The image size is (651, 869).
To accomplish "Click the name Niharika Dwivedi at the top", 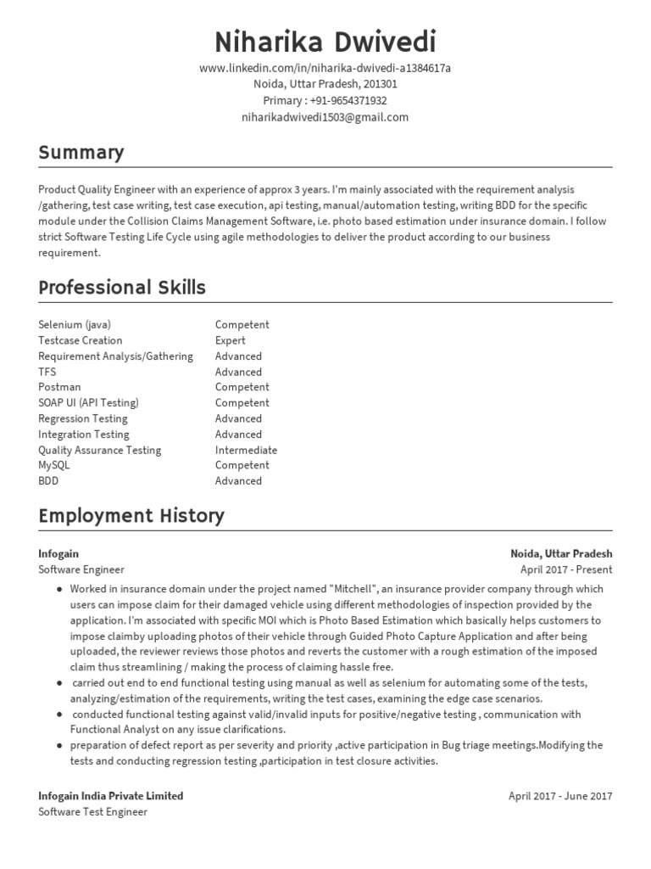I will (x=325, y=41).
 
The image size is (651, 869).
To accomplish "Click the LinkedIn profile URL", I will (x=325, y=69).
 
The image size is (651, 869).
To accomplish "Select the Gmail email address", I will (x=325, y=117).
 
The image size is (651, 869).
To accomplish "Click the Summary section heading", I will (x=81, y=153).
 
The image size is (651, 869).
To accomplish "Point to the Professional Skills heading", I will (x=122, y=288).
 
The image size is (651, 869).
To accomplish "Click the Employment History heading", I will (x=131, y=515).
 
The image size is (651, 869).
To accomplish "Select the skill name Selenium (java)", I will (x=75, y=325).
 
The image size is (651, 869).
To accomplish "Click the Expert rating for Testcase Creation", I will (x=232, y=340).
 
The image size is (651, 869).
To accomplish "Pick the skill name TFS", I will (x=47, y=372).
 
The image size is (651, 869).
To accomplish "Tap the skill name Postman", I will (x=59, y=387).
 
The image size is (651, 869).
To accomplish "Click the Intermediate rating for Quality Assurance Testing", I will (x=246, y=450).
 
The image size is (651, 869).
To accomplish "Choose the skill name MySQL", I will (x=54, y=465).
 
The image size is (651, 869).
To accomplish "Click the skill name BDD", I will (x=49, y=481).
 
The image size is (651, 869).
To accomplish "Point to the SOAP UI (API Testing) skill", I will (x=88, y=403).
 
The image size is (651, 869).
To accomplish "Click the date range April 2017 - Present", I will (x=566, y=569).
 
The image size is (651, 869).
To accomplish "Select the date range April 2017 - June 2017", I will (x=559, y=796).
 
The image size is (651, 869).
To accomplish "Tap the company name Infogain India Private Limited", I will (x=110, y=796).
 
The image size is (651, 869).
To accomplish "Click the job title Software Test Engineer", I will (x=92, y=812).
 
